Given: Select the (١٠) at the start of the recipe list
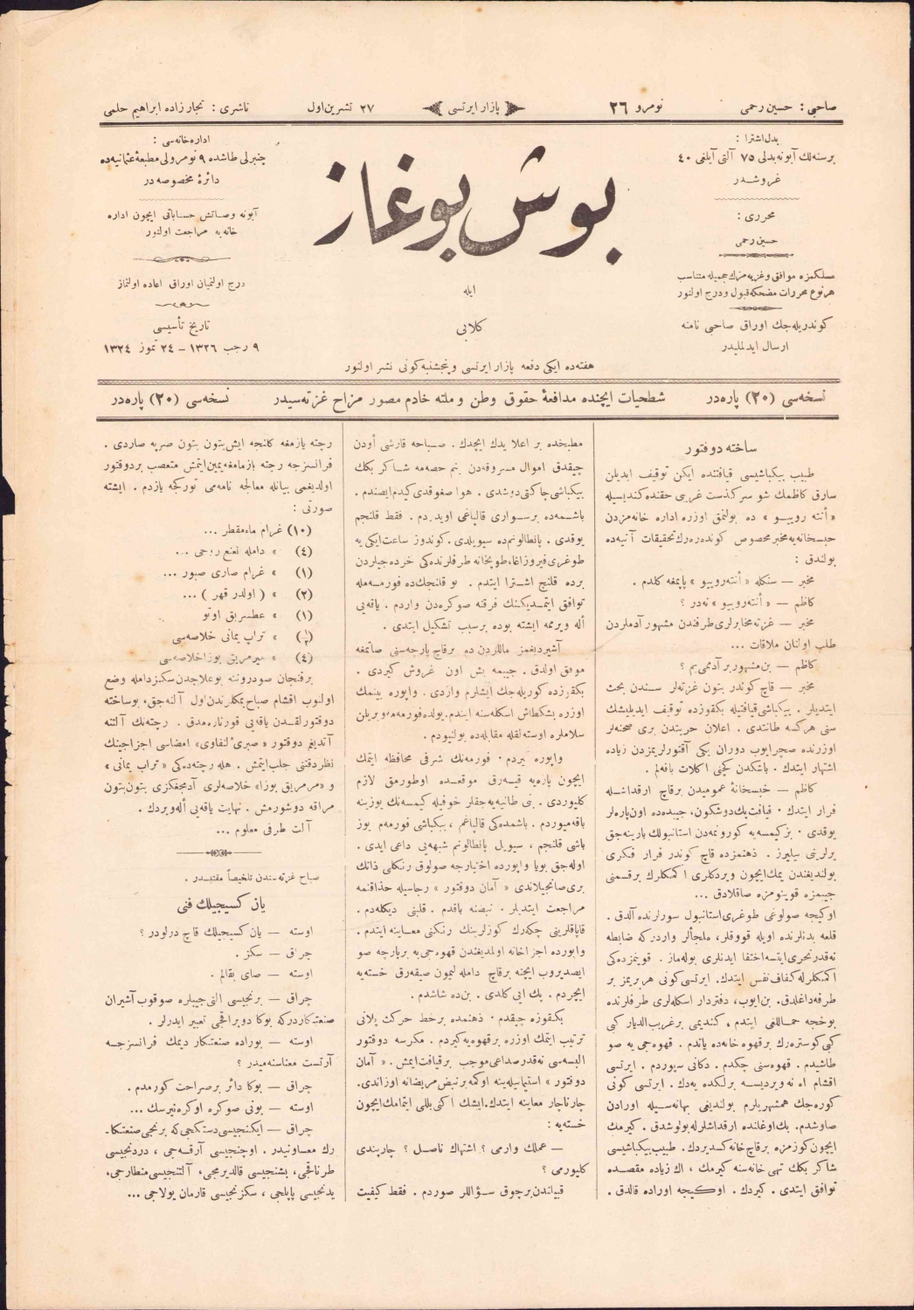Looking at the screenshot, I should pyautogui.click(x=301, y=529).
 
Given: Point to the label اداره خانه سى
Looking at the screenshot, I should pyautogui.click(x=181, y=139).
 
